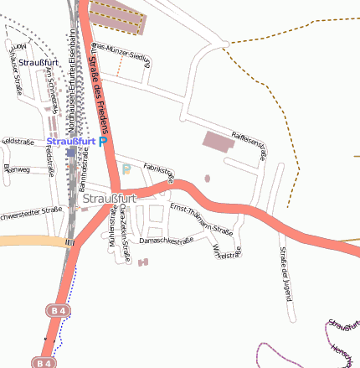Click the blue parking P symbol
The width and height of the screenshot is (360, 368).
(103, 143)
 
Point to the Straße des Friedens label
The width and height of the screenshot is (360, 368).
(100, 93)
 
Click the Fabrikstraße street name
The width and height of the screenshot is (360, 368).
(158, 172)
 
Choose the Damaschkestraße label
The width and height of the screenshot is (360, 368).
(166, 241)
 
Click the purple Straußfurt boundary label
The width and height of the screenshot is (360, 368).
(338, 324)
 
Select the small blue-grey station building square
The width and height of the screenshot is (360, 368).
(70, 153)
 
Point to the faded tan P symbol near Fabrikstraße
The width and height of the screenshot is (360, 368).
(126, 169)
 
